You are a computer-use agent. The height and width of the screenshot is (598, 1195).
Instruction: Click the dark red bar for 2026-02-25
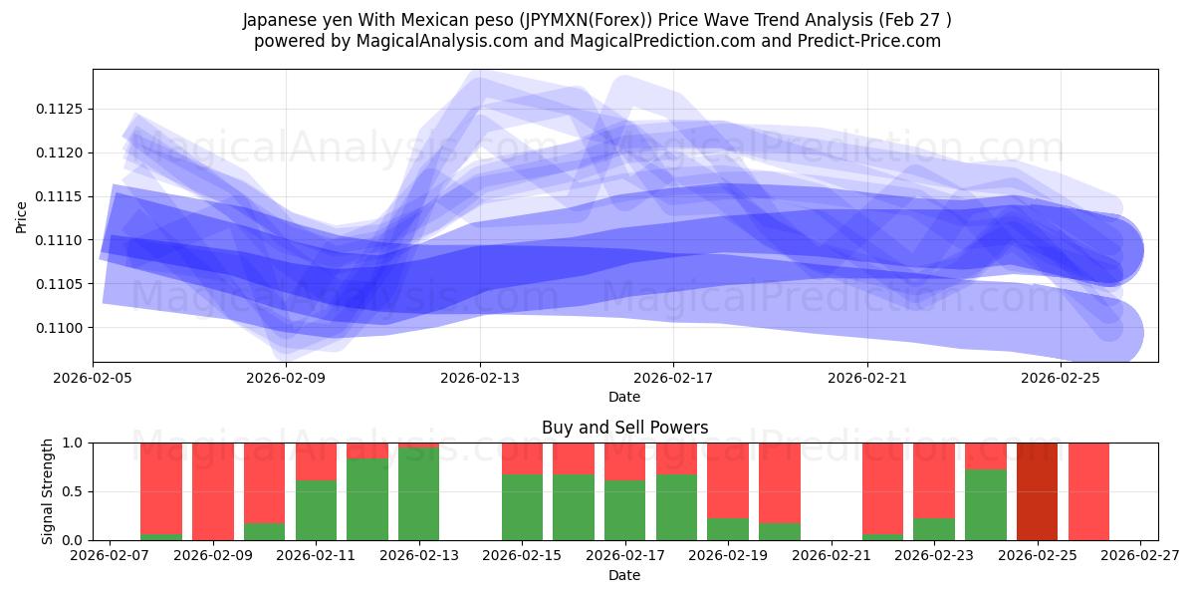(x=1037, y=491)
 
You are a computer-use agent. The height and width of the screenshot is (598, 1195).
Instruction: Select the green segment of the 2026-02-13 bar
(x=418, y=494)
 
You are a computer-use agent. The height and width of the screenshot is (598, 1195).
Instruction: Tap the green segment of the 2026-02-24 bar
(x=985, y=505)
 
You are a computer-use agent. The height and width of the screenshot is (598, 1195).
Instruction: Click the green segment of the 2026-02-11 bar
(x=316, y=510)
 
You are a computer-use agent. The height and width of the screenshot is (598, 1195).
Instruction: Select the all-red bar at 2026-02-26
(x=1088, y=491)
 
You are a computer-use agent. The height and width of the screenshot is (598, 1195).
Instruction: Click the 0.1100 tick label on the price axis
(x=63, y=328)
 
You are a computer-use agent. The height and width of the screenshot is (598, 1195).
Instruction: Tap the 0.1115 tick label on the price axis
(x=63, y=196)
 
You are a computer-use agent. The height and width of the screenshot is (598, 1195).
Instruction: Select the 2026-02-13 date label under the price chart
(x=480, y=378)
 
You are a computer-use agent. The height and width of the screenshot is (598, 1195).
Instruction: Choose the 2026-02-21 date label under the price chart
(x=866, y=378)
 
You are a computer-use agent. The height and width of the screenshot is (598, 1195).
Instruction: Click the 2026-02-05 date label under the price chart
(x=94, y=378)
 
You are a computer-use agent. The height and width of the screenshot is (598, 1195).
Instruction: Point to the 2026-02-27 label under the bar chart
(x=1142, y=556)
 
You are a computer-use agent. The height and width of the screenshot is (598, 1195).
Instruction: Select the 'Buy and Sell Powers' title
(x=624, y=428)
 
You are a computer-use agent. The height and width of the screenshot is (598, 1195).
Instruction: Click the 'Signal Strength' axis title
(x=47, y=491)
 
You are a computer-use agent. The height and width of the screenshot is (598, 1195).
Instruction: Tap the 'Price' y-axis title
(x=22, y=216)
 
